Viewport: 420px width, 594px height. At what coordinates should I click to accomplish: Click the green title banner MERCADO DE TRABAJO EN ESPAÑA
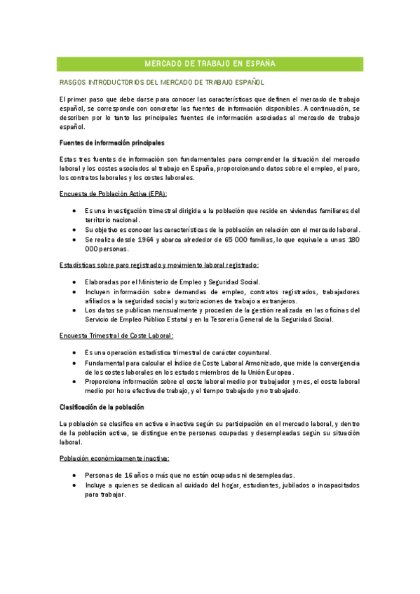click(210, 64)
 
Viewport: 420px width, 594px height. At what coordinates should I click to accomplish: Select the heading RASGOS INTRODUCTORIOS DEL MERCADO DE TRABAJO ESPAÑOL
click(161, 82)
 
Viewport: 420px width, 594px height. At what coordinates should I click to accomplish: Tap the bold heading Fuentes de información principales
click(112, 142)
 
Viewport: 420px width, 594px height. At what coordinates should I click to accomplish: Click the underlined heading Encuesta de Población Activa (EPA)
click(113, 193)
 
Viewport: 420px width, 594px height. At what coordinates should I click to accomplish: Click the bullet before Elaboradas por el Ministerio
click(75, 282)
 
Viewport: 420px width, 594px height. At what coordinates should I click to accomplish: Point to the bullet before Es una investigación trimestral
click(75, 210)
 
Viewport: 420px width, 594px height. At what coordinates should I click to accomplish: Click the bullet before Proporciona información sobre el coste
click(75, 381)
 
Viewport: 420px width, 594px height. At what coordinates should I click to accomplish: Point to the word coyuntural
click(251, 352)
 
